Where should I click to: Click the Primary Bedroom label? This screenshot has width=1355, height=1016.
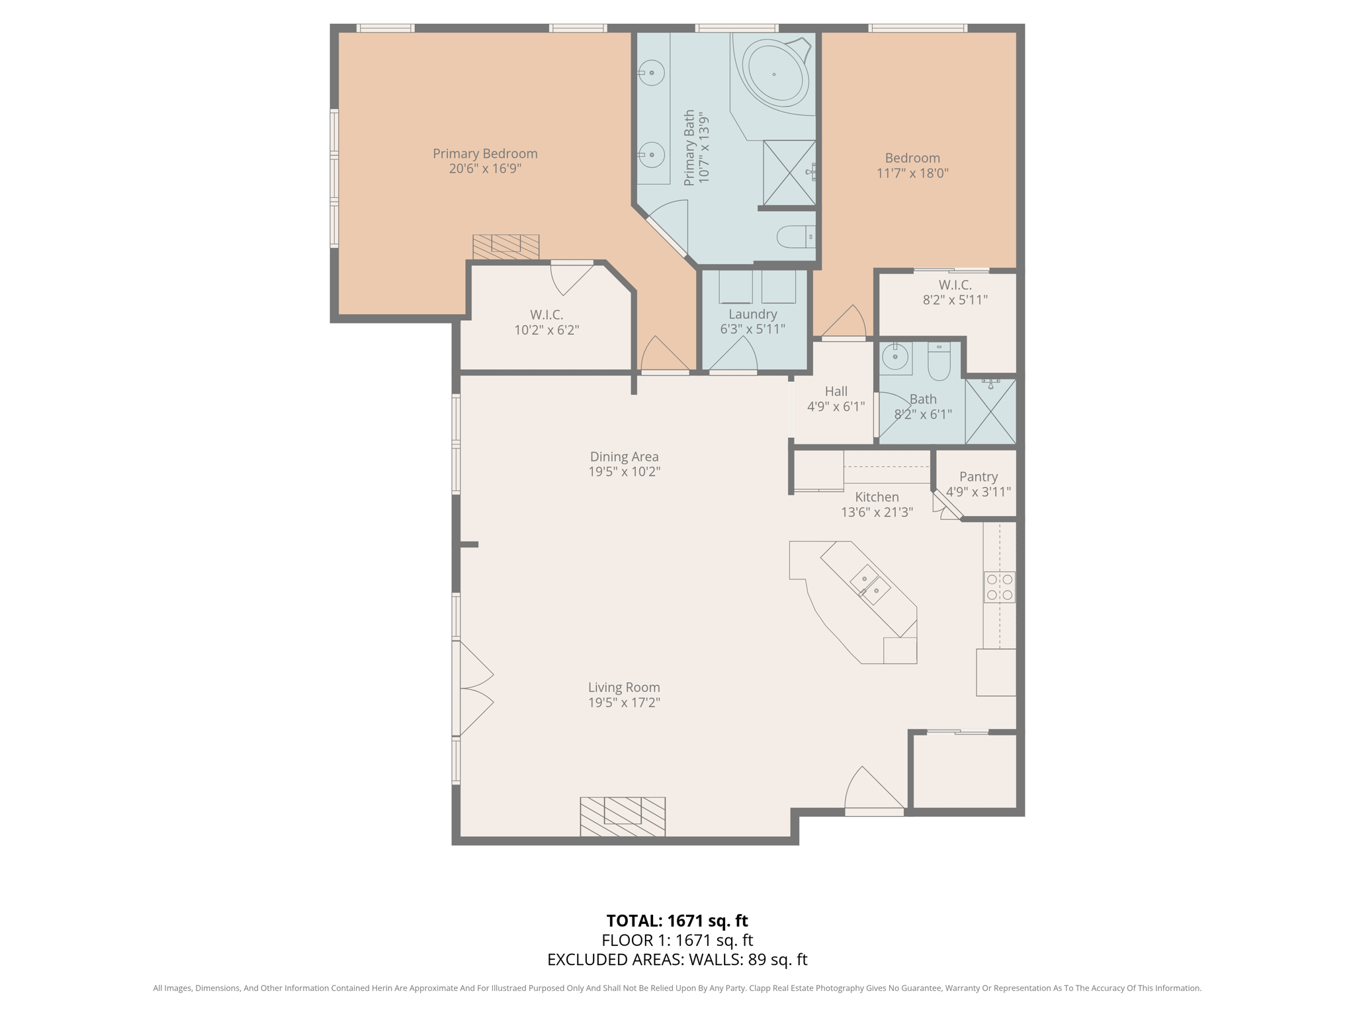click(x=485, y=153)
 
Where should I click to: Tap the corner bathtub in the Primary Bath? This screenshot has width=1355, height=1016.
click(x=775, y=73)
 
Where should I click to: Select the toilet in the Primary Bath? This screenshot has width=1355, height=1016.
click(x=795, y=236)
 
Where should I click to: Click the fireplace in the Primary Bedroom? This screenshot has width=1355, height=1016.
click(x=505, y=247)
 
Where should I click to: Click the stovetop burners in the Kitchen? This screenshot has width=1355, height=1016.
click(x=999, y=587)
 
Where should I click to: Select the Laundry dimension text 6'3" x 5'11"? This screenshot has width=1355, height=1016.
click(x=752, y=329)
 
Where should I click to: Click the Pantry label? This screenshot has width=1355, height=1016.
click(x=978, y=477)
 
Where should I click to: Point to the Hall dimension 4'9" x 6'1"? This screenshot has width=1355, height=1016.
click(x=836, y=406)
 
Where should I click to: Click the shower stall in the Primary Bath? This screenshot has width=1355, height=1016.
click(x=789, y=173)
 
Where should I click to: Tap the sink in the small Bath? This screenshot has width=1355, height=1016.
click(x=895, y=358)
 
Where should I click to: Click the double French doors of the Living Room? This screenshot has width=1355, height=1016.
click(x=473, y=689)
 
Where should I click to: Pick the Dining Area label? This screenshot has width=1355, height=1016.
click(x=624, y=456)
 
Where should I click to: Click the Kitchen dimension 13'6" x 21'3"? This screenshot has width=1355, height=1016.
click(x=877, y=512)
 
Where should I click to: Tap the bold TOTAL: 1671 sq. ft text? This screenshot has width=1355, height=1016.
click(x=677, y=921)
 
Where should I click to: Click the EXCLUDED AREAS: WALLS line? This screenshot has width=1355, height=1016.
click(x=677, y=959)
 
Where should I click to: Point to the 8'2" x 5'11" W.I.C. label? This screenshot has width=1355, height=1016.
click(x=955, y=300)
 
